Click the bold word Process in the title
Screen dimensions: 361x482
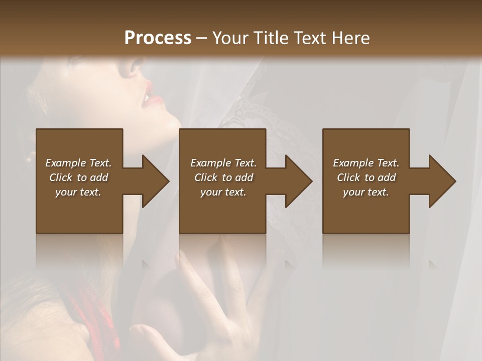click(x=158, y=38)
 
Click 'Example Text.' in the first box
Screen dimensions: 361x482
click(x=78, y=163)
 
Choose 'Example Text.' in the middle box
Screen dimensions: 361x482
click(x=223, y=163)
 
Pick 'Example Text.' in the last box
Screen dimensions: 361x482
click(x=366, y=163)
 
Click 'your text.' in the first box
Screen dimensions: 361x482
click(x=78, y=192)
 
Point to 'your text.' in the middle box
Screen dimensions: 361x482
click(x=223, y=192)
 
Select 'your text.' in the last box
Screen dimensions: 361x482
click(x=366, y=192)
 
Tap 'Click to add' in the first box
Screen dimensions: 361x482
click(x=78, y=177)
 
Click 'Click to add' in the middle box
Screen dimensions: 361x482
click(x=223, y=177)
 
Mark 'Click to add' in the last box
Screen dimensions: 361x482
click(x=366, y=177)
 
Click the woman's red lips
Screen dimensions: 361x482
click(x=150, y=95)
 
